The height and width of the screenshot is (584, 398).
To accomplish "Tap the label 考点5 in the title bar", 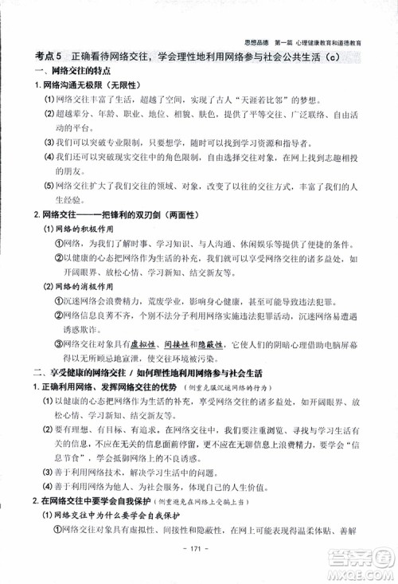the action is (x=49, y=58).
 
